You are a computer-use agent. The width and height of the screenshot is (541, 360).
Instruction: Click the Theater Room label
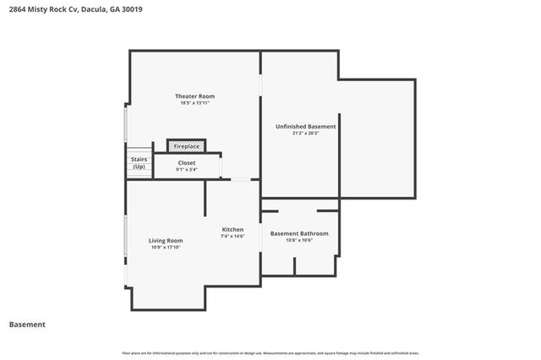tap(194, 95)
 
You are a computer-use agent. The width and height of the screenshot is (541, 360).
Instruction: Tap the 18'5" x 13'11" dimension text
tap(194, 103)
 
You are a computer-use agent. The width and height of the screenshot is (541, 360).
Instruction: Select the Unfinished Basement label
tap(305, 126)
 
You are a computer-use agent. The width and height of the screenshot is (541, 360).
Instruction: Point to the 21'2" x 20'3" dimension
tap(305, 134)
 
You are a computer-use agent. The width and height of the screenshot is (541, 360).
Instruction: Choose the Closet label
tap(187, 162)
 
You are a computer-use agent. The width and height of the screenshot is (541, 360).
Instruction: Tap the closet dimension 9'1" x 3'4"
tap(187, 170)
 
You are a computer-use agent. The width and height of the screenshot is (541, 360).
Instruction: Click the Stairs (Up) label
tap(139, 162)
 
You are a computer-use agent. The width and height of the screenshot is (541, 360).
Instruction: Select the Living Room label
tap(167, 240)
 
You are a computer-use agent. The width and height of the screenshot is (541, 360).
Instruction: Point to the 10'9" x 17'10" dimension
tap(167, 248)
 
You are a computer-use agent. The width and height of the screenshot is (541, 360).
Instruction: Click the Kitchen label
tap(232, 229)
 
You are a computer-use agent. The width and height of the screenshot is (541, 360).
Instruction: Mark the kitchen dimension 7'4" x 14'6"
tap(232, 237)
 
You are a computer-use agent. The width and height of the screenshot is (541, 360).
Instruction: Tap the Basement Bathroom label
tap(299, 232)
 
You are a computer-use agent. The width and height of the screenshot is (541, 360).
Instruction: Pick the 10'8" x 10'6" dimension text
tap(299, 240)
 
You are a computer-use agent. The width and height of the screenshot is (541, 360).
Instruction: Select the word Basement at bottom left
tap(27, 325)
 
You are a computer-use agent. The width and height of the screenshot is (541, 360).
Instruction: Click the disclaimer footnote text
tap(270, 352)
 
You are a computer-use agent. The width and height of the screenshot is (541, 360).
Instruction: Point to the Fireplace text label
tap(187, 146)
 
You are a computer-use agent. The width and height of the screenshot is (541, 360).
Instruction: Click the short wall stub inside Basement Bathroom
tap(294, 266)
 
